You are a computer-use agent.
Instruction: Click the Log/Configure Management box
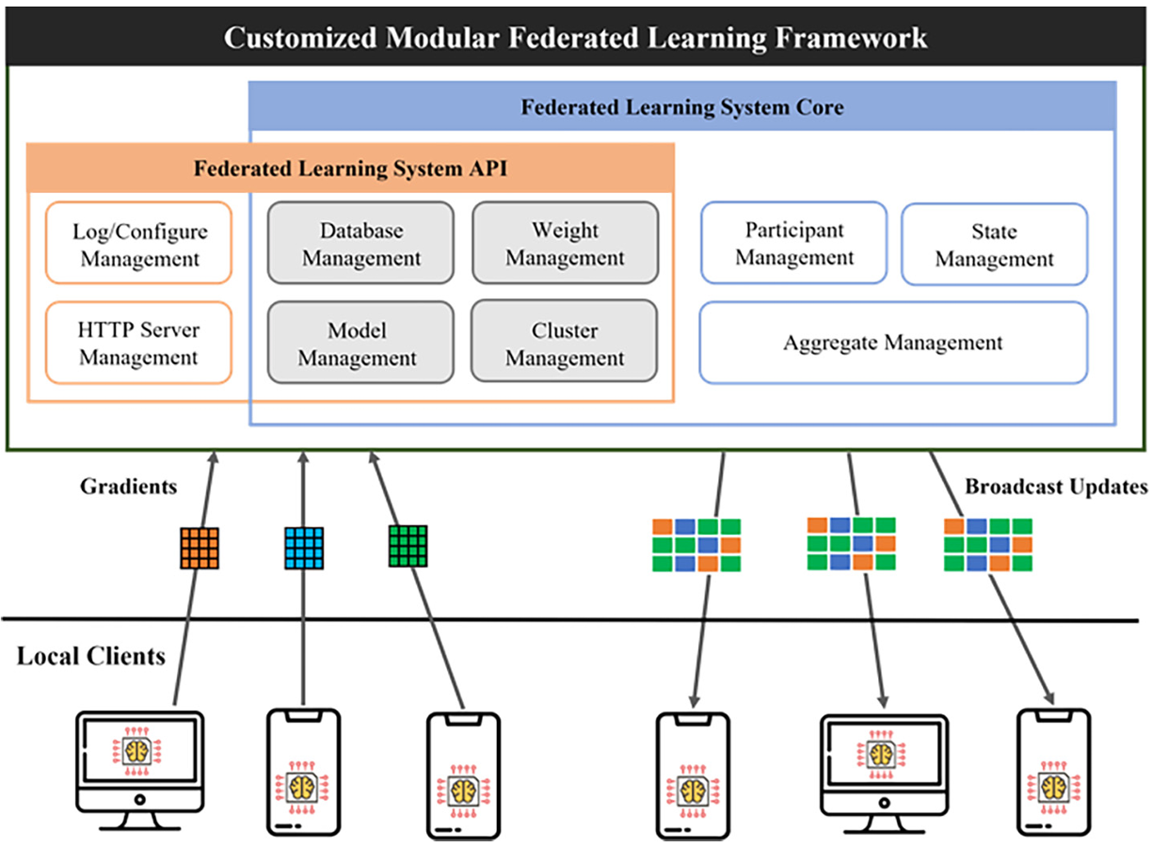pos(138,244)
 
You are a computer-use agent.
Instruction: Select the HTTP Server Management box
pos(138,344)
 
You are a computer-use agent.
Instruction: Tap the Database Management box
pos(360,244)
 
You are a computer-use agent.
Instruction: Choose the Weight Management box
pos(565,244)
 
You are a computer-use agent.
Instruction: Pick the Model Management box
pos(360,344)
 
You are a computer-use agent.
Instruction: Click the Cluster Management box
pos(565,344)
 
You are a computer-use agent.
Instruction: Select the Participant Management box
pos(793,244)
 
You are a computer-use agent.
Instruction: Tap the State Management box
pos(994,245)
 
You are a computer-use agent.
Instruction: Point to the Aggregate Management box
pos(892,343)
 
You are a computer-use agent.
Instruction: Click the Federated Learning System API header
pos(350,168)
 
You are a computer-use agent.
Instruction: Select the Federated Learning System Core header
pos(682,106)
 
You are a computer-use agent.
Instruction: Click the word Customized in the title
pos(299,38)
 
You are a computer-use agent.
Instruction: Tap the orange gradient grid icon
pos(200,548)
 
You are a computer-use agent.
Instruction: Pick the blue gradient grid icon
pos(304,548)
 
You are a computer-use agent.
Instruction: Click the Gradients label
pos(128,487)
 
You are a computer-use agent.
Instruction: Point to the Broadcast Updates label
pos(1055,487)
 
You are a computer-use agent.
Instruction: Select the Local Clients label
pos(90,656)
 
